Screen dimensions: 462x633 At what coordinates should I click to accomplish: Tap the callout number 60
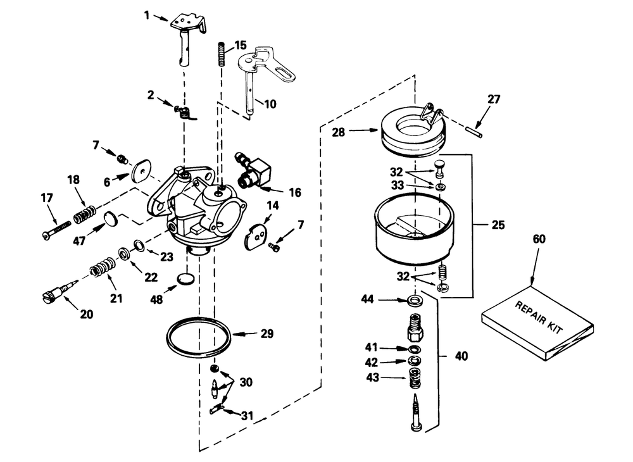(538, 239)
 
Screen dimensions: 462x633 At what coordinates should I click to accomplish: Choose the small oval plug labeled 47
(110, 219)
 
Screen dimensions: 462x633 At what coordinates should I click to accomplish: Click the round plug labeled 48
(183, 280)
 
